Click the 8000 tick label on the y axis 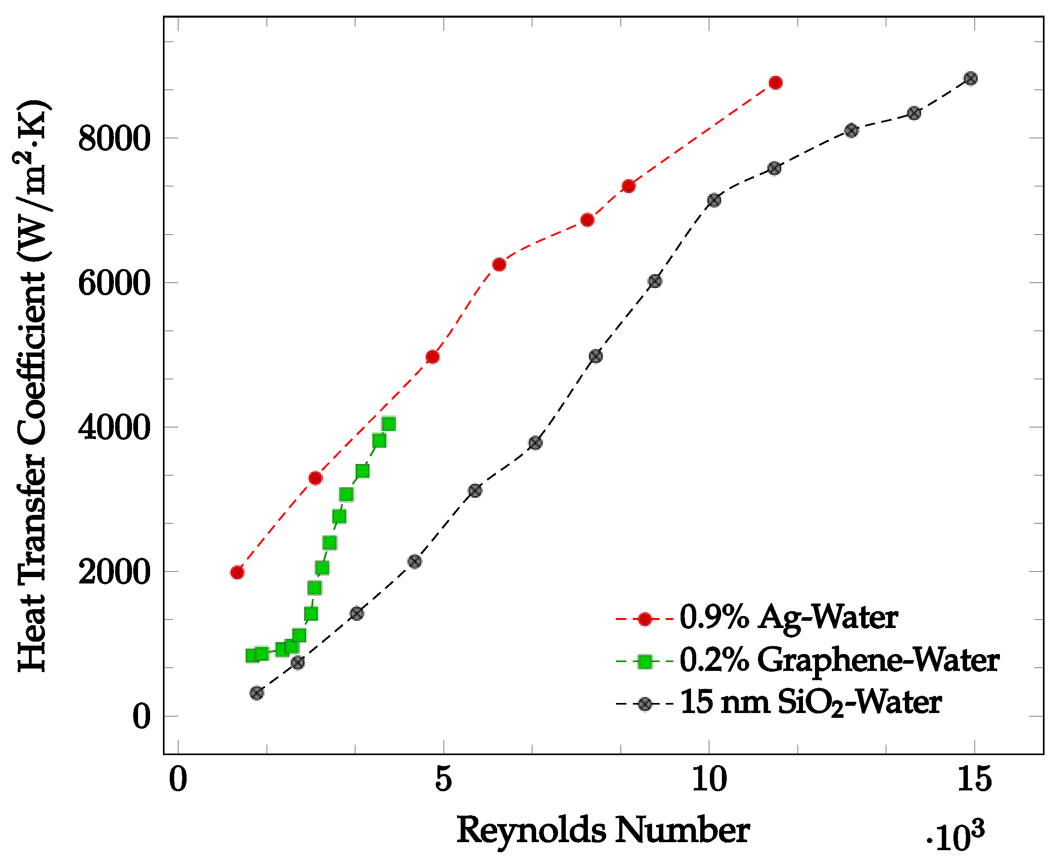114,138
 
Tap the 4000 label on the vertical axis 114,427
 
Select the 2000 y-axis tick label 114,572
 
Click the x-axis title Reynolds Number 603,830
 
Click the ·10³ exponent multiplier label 955,837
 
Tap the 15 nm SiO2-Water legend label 810,703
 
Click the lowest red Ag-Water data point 237,573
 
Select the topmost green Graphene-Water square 389,424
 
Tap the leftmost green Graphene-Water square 252,656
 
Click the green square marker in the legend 645,662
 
